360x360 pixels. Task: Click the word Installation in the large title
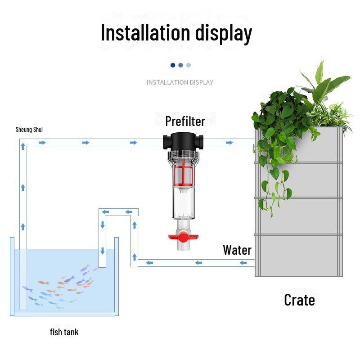click(145, 33)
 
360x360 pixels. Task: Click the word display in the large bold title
click(224, 34)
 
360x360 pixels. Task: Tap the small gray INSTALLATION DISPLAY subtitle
click(180, 82)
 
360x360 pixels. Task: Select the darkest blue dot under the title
click(173, 65)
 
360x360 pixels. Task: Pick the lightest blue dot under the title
click(189, 65)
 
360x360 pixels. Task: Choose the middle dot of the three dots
click(180, 65)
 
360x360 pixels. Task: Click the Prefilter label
click(185, 121)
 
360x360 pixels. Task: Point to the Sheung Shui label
click(29, 130)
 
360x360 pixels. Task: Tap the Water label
click(237, 250)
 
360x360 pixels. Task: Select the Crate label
click(299, 300)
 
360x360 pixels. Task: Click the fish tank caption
click(64, 332)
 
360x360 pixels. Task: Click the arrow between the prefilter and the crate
click(229, 143)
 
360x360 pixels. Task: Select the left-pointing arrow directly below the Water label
click(243, 262)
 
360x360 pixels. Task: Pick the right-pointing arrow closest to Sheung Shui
click(42, 143)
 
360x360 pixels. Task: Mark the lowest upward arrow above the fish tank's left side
click(22, 226)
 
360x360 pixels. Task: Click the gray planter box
click(299, 211)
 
